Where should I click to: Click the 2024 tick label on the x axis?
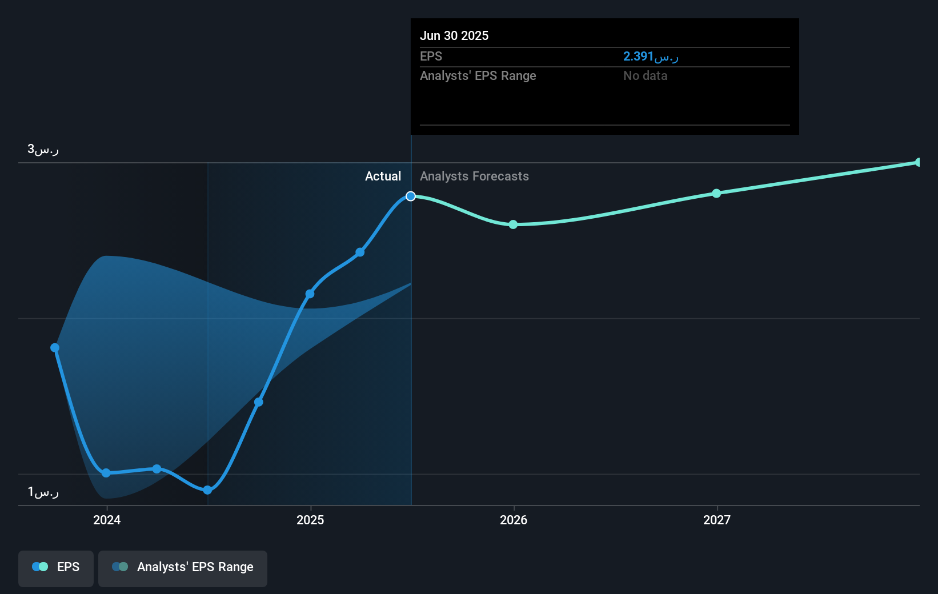107,520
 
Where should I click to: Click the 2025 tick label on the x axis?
310,520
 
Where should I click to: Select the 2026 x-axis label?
514,520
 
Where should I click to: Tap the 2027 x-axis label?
717,520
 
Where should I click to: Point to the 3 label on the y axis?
43,150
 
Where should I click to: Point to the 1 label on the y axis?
43,492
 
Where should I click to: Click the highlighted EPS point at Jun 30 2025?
411,196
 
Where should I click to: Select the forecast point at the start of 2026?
513,224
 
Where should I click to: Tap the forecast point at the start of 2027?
716,194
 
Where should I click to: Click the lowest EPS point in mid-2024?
207,490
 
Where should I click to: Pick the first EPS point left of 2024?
55,348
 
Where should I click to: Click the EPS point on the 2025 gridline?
310,294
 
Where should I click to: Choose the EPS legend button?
56,567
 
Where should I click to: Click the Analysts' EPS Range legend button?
183,567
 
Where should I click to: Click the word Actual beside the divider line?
383,176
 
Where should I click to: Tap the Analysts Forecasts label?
474,176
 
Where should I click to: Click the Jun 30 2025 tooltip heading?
454,35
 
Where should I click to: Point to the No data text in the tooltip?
645,76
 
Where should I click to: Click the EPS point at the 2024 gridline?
106,473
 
